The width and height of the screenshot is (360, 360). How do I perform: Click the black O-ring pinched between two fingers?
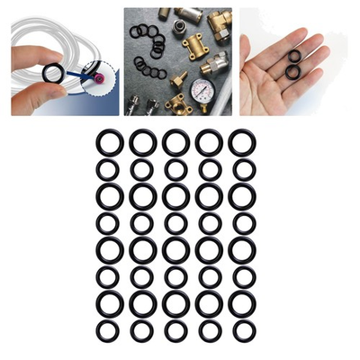point(53,73)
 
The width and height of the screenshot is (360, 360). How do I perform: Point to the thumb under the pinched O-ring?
point(36,97)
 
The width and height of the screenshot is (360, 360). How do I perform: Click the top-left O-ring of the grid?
point(110,142)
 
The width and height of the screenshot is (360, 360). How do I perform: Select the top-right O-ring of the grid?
point(242,142)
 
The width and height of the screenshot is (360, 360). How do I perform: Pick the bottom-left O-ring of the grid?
point(109,331)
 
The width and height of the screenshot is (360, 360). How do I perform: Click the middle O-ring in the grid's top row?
point(175,142)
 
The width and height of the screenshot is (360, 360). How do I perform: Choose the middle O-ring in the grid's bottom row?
point(175,331)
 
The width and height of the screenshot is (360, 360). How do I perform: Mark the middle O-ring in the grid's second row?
point(175,169)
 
